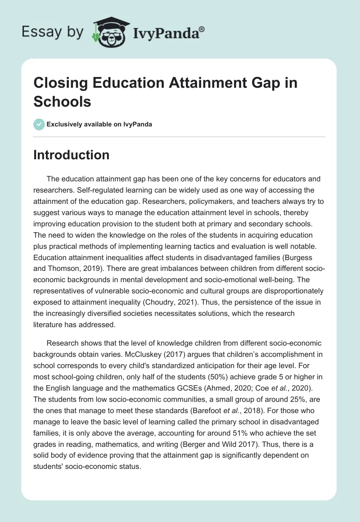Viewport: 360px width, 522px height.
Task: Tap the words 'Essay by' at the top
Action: click(x=53, y=31)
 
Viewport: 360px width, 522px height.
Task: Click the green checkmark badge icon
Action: click(x=39, y=124)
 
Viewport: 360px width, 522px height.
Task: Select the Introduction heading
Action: click(x=72, y=155)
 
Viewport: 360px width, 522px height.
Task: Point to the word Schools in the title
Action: click(x=63, y=101)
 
